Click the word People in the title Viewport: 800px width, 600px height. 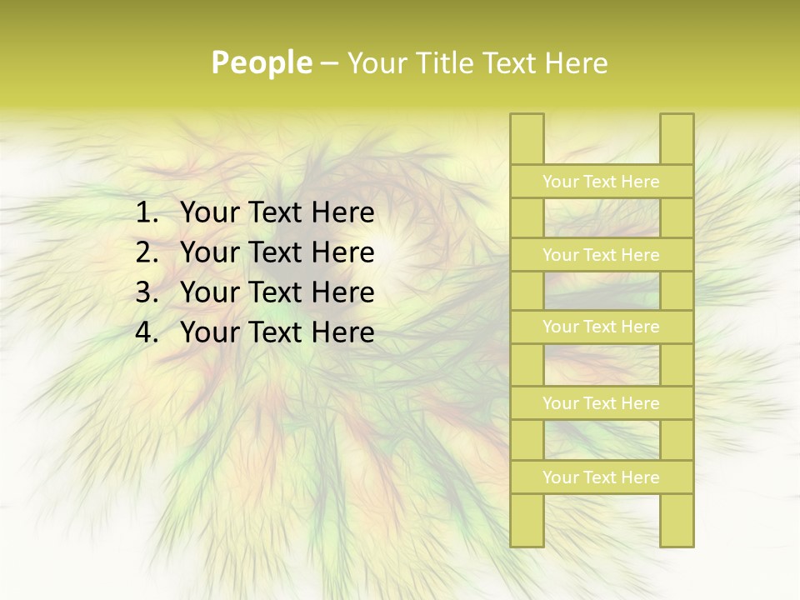coord(261,62)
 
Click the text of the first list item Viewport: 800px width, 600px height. coord(277,213)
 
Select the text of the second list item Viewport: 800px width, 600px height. coord(277,252)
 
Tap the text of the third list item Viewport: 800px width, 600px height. coord(277,292)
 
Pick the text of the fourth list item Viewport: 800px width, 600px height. coord(277,332)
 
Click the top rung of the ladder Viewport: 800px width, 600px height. coord(601,182)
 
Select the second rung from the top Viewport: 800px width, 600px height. coord(601,255)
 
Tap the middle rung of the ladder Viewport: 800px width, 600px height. coord(601,327)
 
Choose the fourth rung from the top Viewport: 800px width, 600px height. coord(601,403)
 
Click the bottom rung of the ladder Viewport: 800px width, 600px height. coord(601,477)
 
